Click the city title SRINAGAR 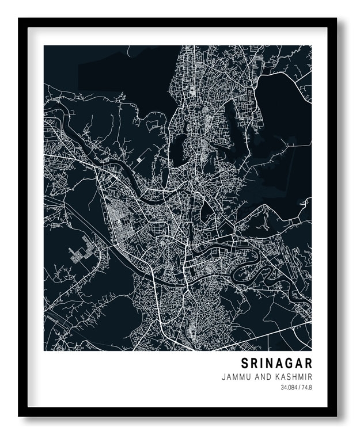pyautogui.click(x=276, y=363)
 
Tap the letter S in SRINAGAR pyautogui.click(x=244, y=363)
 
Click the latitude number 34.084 pyautogui.click(x=289, y=388)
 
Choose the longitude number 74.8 pyautogui.click(x=306, y=388)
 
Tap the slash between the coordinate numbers pyautogui.click(x=299, y=388)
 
